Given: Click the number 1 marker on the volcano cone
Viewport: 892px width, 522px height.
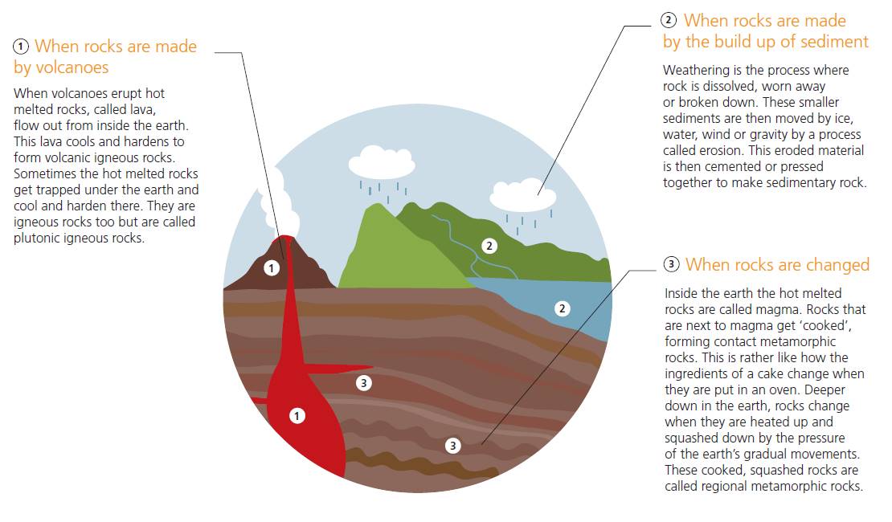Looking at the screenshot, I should click(x=272, y=267).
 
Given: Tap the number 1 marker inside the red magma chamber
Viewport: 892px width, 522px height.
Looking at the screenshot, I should click(x=297, y=415).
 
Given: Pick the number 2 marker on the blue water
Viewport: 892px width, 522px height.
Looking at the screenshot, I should click(x=563, y=308).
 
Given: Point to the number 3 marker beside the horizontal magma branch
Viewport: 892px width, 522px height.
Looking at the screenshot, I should click(x=364, y=383).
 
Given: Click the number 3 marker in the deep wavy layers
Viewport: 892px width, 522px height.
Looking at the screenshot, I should click(x=453, y=445).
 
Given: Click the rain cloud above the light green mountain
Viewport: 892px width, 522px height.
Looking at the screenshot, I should click(x=382, y=163).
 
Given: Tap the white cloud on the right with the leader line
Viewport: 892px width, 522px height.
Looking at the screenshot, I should click(x=522, y=195).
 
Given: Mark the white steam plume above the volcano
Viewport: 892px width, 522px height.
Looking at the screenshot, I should click(x=273, y=205).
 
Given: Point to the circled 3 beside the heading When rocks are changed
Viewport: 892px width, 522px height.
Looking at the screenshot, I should click(x=672, y=265).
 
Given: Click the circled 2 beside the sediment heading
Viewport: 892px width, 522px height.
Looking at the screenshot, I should click(x=669, y=20).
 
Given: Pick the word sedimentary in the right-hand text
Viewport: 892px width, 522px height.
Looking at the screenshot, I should click(x=804, y=182).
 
